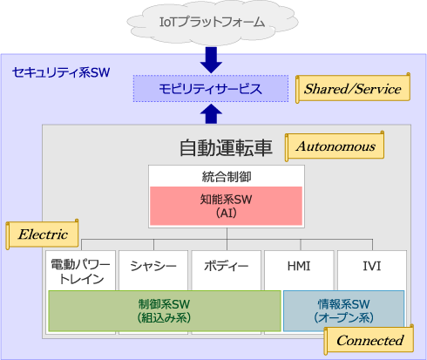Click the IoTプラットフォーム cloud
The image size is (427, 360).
[212, 23]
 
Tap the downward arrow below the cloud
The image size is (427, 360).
[211, 60]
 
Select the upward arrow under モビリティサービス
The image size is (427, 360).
[211, 114]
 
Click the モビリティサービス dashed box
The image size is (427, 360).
[211, 89]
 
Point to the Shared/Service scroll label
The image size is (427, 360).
[353, 88]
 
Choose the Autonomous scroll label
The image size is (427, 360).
[335, 146]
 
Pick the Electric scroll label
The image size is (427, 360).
[43, 234]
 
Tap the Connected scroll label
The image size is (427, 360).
[369, 340]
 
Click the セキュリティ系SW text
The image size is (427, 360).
[61, 72]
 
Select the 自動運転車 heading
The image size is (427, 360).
[226, 147]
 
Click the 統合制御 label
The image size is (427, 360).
[227, 177]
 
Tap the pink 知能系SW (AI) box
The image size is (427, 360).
[227, 206]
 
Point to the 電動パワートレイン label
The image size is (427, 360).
[80, 272]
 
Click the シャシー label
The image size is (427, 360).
[153, 266]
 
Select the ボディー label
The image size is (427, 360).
[227, 266]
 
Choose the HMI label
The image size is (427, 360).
[299, 266]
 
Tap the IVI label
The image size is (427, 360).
[372, 266]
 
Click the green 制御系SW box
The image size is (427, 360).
[165, 311]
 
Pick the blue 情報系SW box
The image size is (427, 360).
[343, 311]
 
